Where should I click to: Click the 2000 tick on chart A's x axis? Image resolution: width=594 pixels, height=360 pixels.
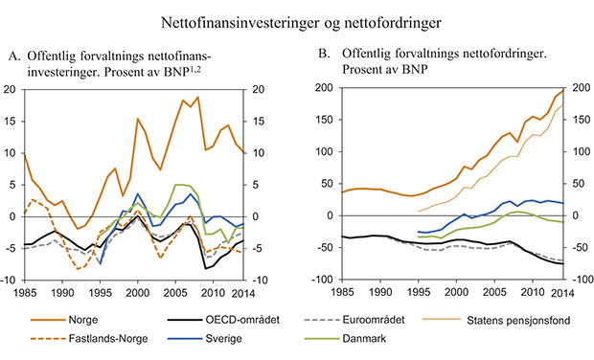[x=139, y=294]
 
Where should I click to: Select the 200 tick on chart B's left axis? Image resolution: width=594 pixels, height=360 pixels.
[x=326, y=89]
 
